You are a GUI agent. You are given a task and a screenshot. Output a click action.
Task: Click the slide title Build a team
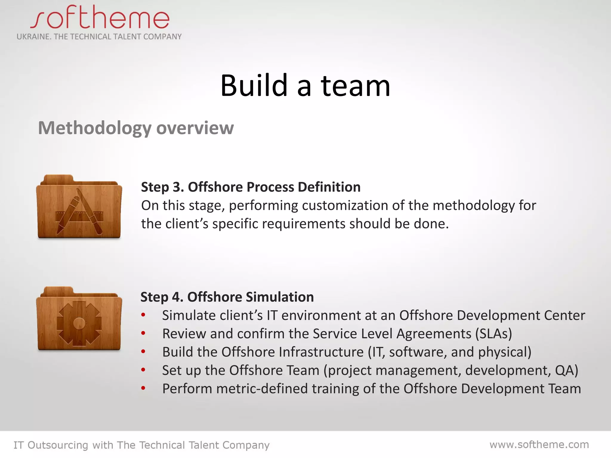coord(305,86)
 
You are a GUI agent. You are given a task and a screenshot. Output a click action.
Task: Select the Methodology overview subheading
coord(136,128)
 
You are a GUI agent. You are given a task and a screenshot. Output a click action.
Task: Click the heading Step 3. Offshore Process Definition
coord(251,187)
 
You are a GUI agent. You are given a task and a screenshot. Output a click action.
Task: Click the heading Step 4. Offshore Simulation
coord(227,297)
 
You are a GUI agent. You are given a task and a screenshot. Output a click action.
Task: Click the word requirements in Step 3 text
coord(303,224)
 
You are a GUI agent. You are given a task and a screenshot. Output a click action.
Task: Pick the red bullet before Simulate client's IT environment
coord(144,315)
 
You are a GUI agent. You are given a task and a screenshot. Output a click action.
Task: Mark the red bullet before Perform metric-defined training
coord(144,388)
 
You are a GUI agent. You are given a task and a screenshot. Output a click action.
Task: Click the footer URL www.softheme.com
coord(539,445)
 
